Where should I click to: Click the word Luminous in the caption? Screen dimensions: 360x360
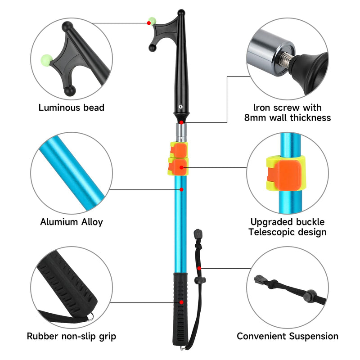pos(59,108)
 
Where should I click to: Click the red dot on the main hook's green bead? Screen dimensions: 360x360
pos(149,23)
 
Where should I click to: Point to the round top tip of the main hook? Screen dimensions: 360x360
pos(181,13)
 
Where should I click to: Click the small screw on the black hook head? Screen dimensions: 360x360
pos(181,107)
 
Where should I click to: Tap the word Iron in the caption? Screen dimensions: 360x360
pos(261,108)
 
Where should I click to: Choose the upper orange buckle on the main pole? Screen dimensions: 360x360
pos(178,149)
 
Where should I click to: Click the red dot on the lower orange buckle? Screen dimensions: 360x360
pos(181,167)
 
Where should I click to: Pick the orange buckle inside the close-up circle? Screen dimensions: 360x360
pos(284,174)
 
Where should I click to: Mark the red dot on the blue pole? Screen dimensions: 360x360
pos(181,189)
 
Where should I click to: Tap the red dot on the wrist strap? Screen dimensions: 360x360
pos(199,268)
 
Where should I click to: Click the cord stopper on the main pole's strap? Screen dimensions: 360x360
pos(200,280)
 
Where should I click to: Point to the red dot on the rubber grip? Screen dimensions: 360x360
pos(181,302)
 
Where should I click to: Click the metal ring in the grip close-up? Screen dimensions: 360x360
pos(91,317)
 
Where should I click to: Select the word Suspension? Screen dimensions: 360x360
pos(314,336)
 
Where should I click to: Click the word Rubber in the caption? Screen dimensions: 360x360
pos(43,336)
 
